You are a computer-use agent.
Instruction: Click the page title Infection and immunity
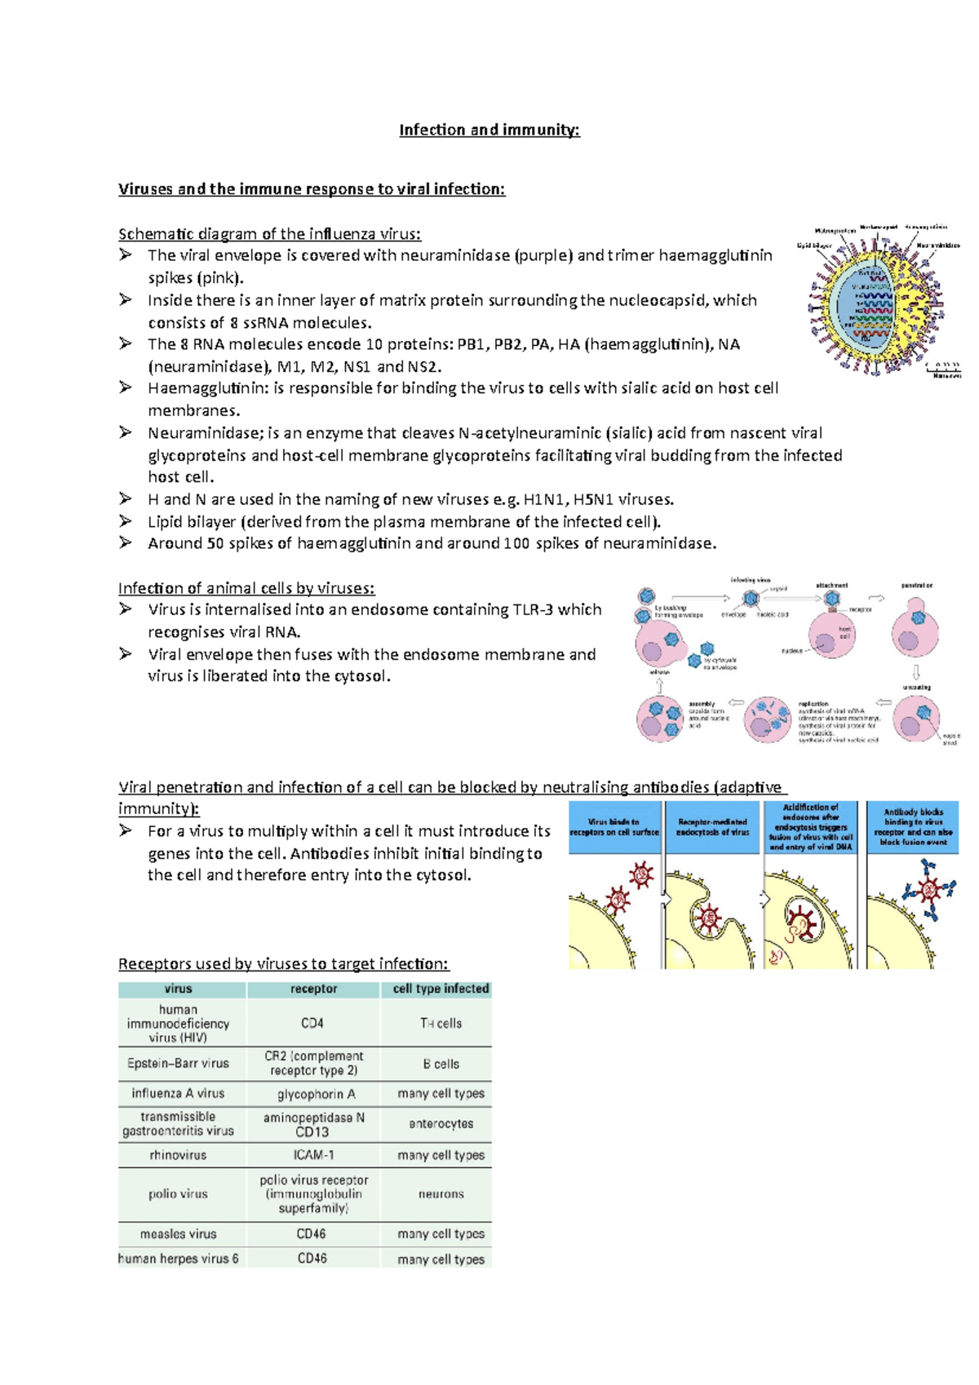click(489, 130)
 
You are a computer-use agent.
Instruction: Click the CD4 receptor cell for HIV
click(312, 1023)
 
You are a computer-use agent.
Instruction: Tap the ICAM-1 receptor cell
click(313, 1155)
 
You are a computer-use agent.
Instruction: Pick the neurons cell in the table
click(441, 1194)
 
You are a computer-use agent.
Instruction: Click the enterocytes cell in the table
click(441, 1124)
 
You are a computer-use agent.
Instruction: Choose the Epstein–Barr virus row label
click(178, 1064)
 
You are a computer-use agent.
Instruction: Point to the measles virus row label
click(178, 1234)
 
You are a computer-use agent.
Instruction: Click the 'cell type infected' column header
click(441, 989)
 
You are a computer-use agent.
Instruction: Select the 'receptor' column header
click(313, 989)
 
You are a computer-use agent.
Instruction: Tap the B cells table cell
click(441, 1064)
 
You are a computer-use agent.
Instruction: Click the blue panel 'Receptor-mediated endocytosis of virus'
click(713, 827)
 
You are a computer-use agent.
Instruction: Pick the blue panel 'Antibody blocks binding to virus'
click(913, 827)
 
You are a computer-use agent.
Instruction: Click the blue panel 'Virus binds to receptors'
click(614, 827)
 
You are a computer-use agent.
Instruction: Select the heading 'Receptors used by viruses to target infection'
click(283, 964)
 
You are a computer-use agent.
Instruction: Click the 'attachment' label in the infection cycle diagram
click(831, 585)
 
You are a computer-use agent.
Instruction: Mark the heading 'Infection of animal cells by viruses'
click(246, 588)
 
